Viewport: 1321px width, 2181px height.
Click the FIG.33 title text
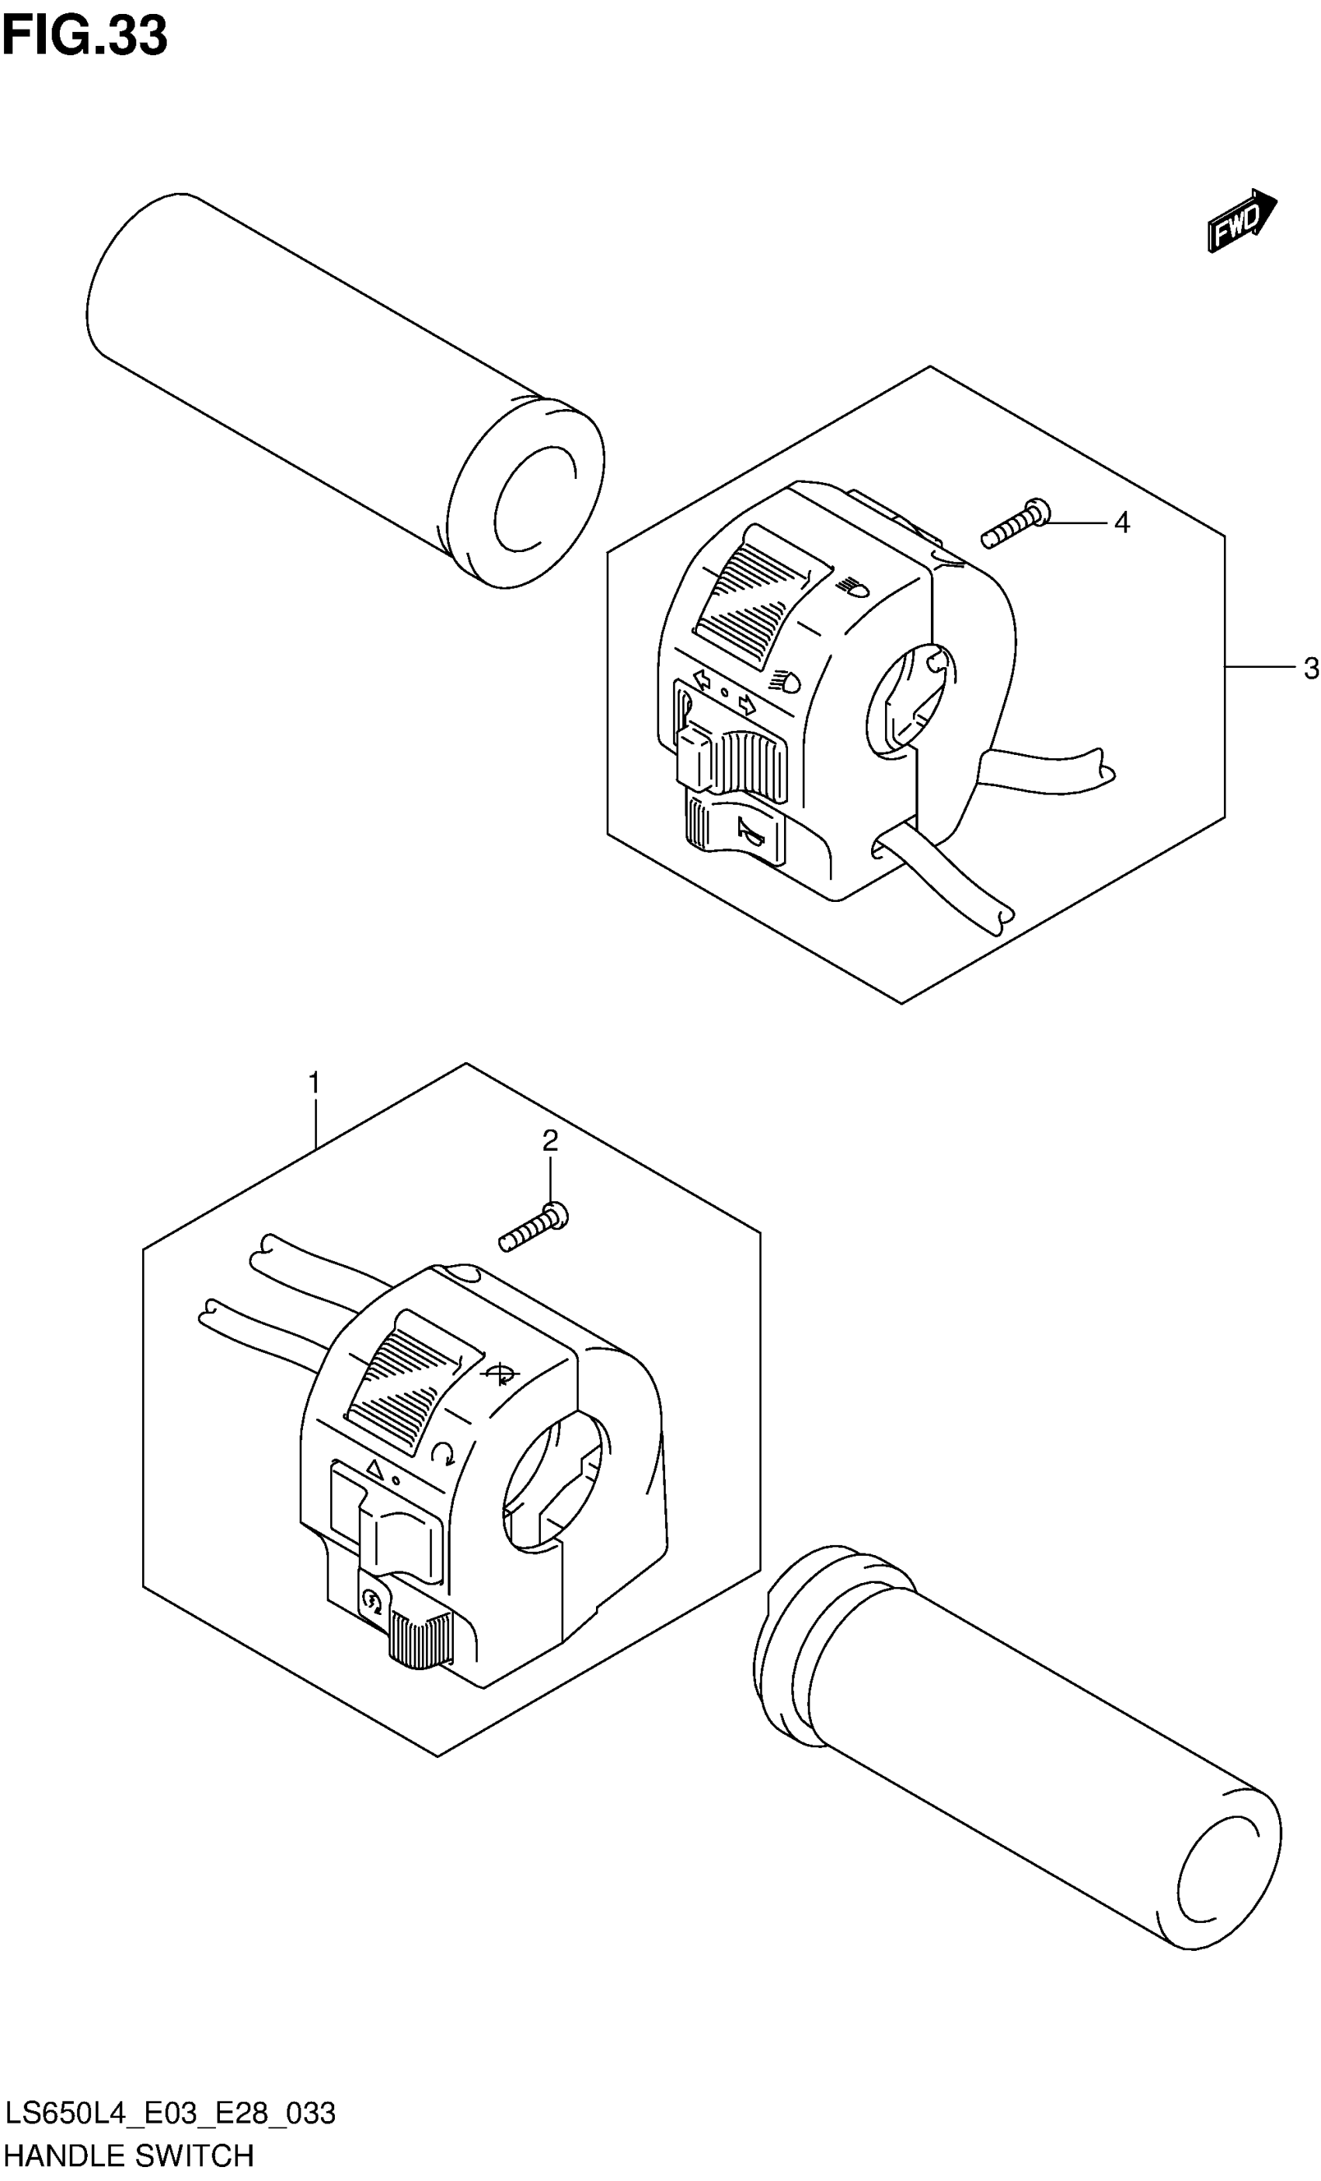click(x=84, y=37)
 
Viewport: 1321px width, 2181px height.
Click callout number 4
click(x=1121, y=523)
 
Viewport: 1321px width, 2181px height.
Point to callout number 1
click(x=313, y=1082)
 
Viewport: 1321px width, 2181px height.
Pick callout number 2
click(x=549, y=1141)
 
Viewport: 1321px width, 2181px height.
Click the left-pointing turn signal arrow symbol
click(x=702, y=680)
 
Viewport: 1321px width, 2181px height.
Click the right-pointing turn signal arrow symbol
click(x=748, y=704)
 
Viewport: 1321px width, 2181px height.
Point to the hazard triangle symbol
click(x=374, y=1470)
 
